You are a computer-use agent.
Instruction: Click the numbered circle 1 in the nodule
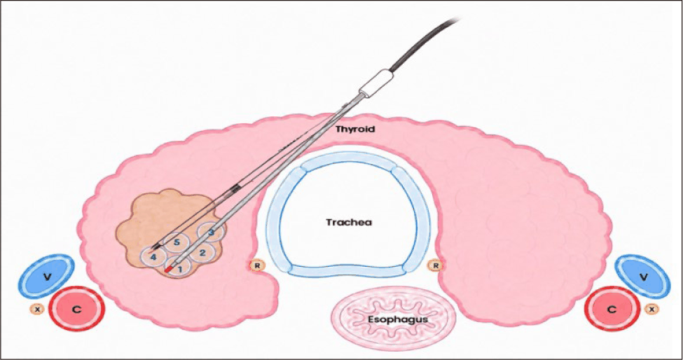(177, 265)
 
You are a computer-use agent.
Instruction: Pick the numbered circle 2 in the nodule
(202, 252)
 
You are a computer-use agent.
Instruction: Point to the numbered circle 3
(211, 232)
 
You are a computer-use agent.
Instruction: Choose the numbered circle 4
(153, 257)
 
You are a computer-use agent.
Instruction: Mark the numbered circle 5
(177, 243)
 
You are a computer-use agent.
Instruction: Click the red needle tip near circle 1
(170, 269)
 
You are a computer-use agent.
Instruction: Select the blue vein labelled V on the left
(46, 276)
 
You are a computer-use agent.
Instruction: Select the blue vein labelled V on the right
(642, 276)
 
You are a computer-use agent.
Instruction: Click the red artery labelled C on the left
(76, 310)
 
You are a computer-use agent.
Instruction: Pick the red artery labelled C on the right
(612, 310)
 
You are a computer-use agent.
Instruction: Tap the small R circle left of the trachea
(256, 265)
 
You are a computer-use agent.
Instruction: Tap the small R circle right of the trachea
(435, 265)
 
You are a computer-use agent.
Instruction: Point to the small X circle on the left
(37, 309)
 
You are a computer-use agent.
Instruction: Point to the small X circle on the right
(651, 309)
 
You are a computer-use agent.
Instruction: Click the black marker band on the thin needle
(236, 188)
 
